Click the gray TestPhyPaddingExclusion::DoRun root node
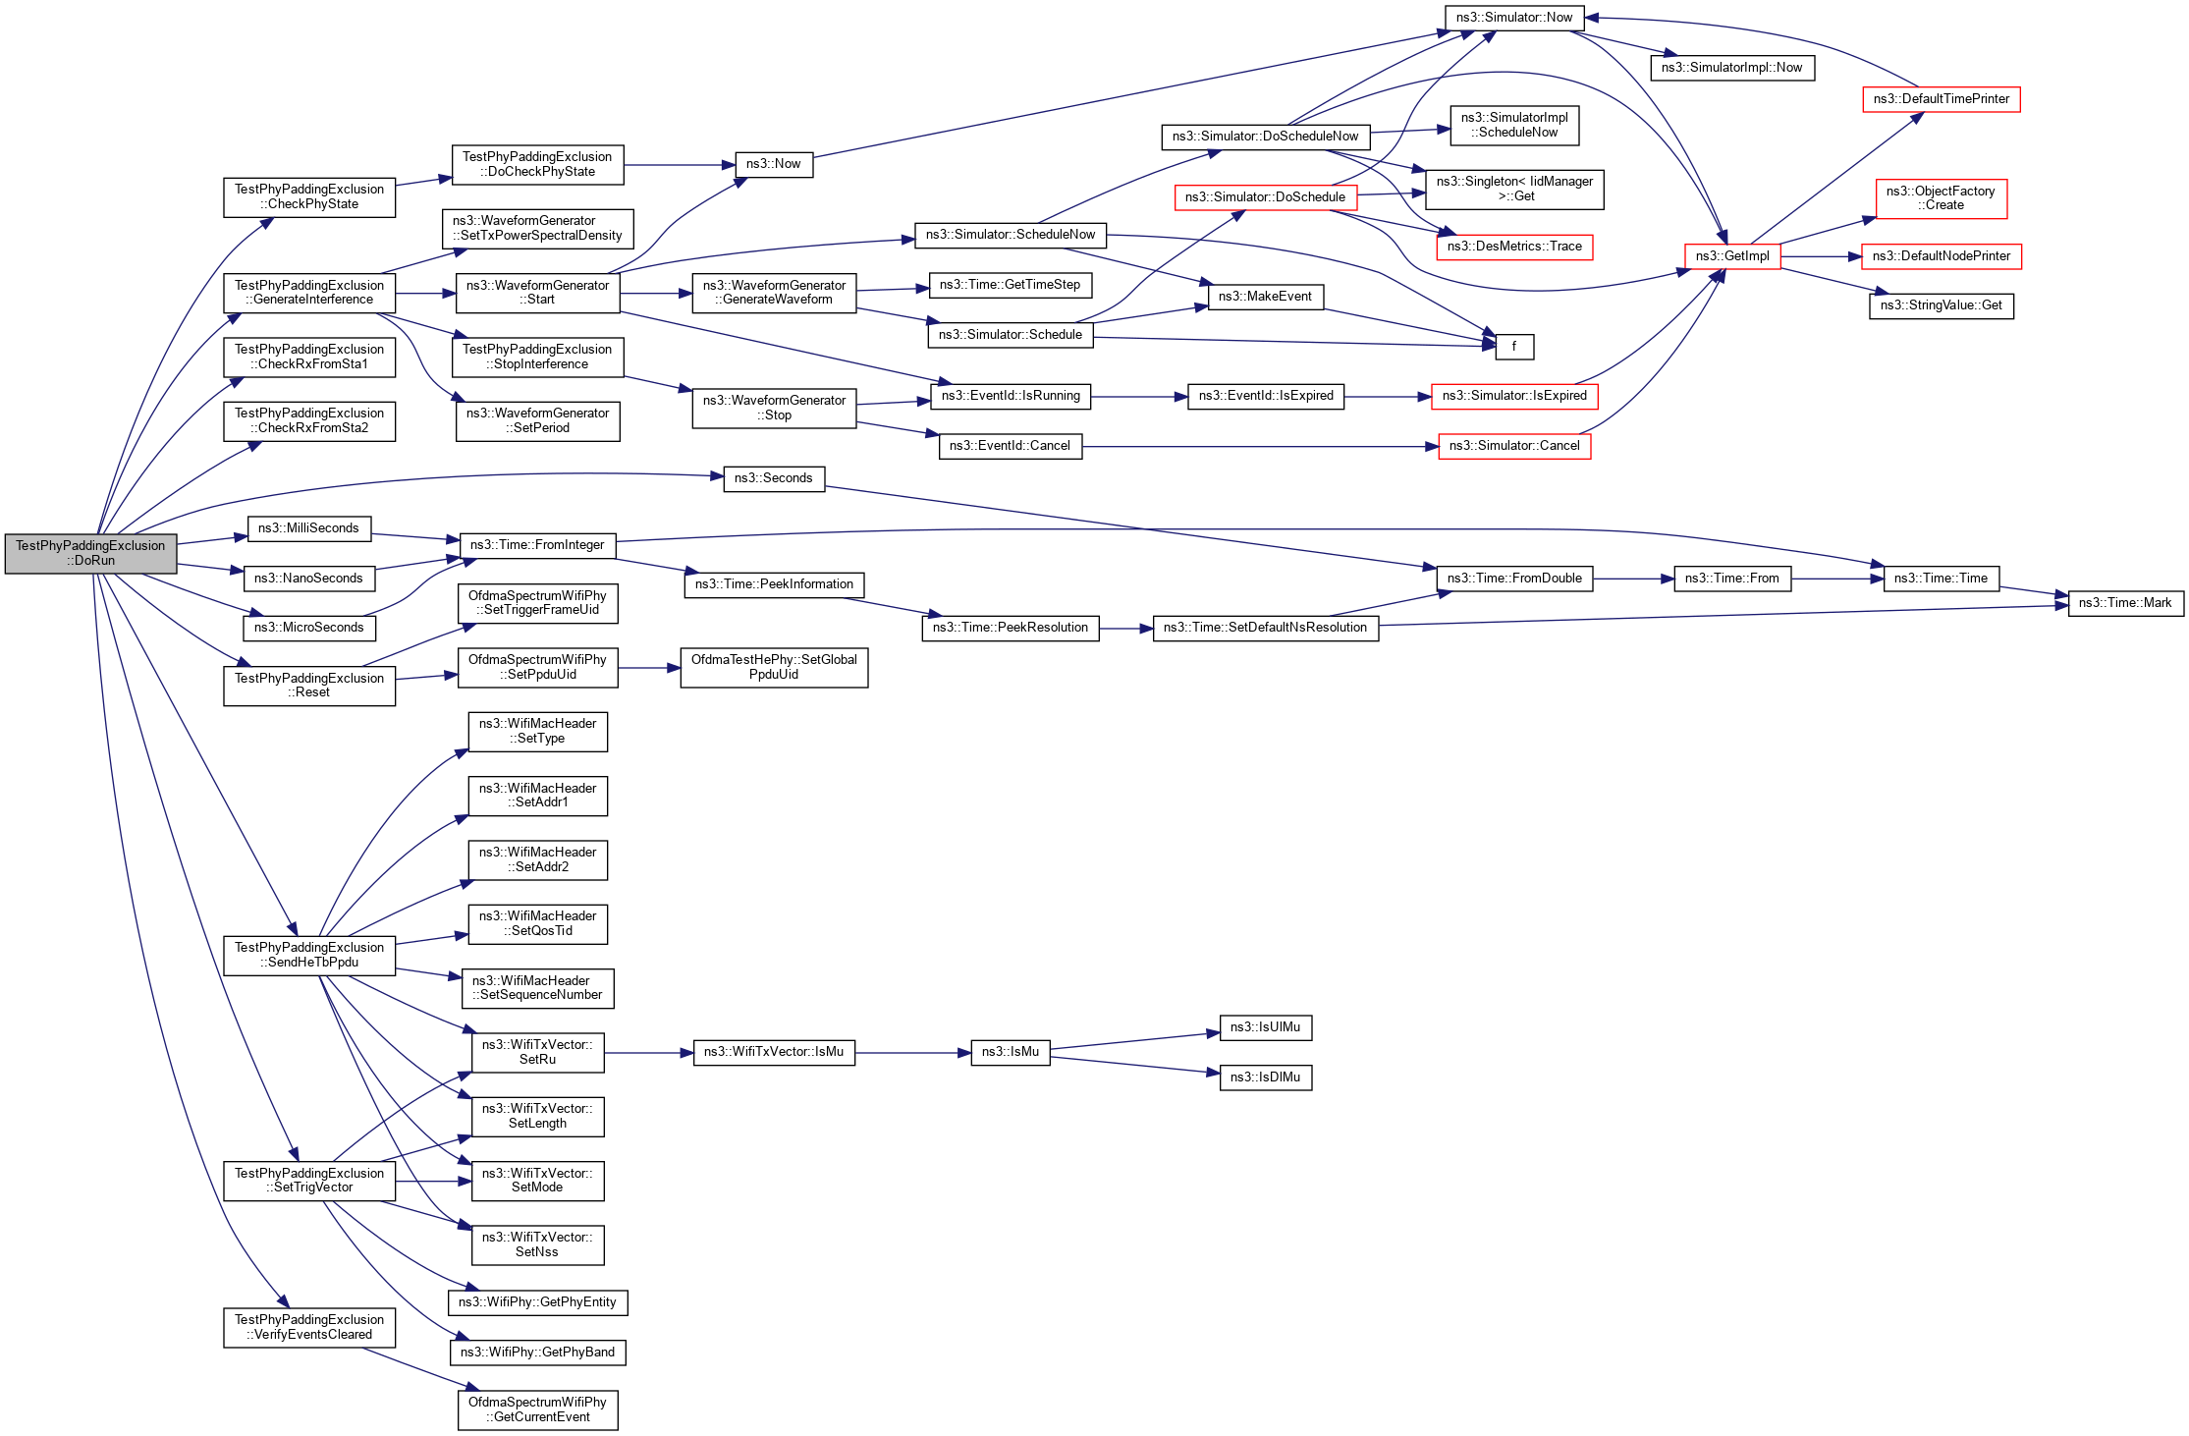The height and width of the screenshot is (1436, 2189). pyautogui.click(x=90, y=553)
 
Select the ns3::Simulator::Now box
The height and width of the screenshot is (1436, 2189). pyautogui.click(x=1513, y=18)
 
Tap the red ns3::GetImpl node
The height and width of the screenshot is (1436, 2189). pyautogui.click(x=1731, y=256)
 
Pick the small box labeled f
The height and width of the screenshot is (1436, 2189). pyautogui.click(x=1513, y=347)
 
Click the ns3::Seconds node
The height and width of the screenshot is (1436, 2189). pyautogui.click(x=773, y=478)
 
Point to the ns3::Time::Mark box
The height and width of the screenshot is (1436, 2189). pyautogui.click(x=2124, y=603)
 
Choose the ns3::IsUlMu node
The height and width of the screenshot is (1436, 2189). pyautogui.click(x=1265, y=1027)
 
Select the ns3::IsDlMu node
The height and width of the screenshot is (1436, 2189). pyautogui.click(x=1265, y=1077)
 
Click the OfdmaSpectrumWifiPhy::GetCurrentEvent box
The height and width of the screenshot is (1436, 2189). pyautogui.click(x=537, y=1409)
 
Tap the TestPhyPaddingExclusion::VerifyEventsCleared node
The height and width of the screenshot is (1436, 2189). pyautogui.click(x=309, y=1327)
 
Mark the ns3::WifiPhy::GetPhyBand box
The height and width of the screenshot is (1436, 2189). pyautogui.click(x=537, y=1353)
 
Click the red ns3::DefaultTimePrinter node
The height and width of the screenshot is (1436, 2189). pyautogui.click(x=1941, y=99)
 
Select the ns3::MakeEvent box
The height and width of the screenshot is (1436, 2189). pyautogui.click(x=1265, y=297)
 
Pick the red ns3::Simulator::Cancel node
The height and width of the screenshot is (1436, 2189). pyautogui.click(x=1513, y=446)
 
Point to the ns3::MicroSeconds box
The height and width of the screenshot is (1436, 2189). pyautogui.click(x=308, y=628)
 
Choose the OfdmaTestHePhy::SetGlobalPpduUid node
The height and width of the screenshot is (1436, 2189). pyautogui.click(x=773, y=667)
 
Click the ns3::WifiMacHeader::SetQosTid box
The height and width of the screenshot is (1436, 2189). pyautogui.click(x=537, y=923)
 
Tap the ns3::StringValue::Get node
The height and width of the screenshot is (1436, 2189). pyautogui.click(x=1941, y=305)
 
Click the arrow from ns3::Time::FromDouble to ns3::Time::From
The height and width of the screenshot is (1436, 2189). pyautogui.click(x=1632, y=579)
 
